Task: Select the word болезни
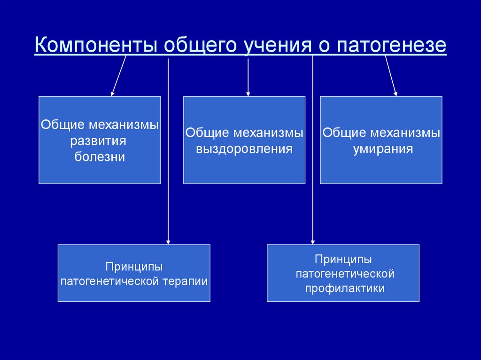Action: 100,157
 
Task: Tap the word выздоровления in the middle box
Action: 244,149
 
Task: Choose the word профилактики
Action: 345,288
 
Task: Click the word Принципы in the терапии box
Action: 134,267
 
